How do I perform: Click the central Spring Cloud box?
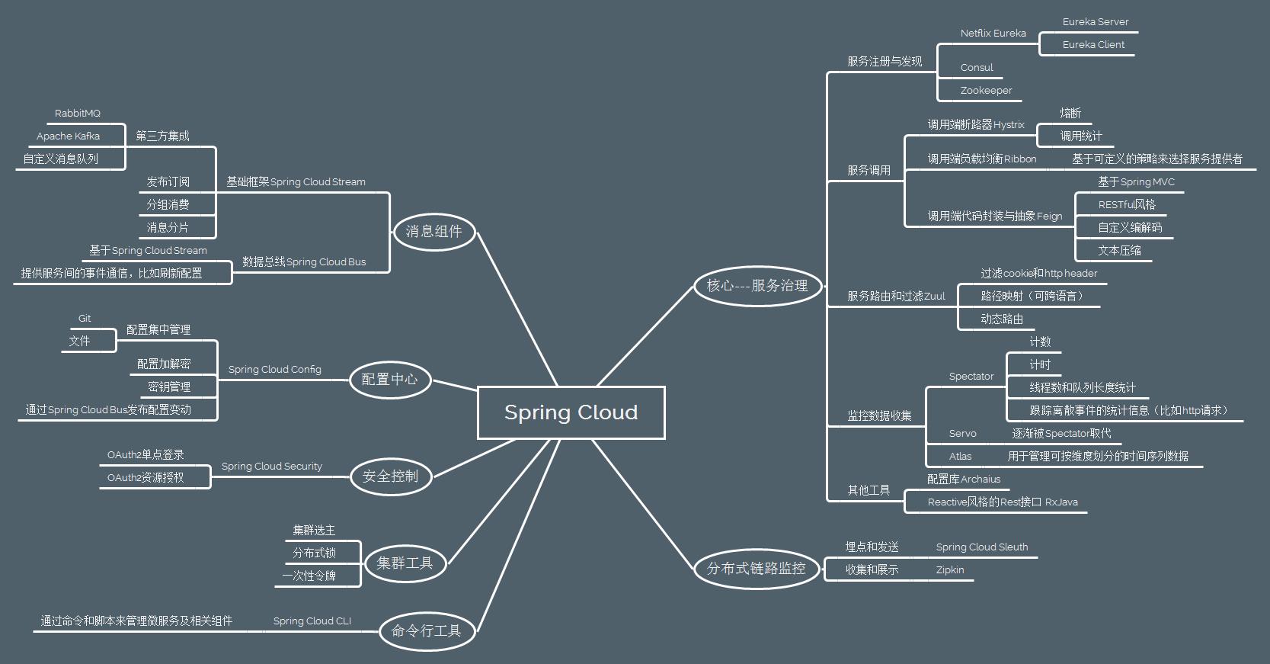coord(571,412)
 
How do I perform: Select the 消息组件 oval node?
coord(433,231)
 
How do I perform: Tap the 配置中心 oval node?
coord(389,379)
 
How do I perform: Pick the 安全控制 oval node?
coord(389,476)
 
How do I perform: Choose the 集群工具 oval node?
coord(404,563)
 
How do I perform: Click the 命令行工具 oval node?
coord(426,630)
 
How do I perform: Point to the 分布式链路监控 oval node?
coord(756,568)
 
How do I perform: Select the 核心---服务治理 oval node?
coord(757,285)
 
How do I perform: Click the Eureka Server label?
coord(1095,21)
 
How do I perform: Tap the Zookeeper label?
coord(986,90)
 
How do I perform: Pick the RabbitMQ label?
coord(77,113)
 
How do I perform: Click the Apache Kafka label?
coord(68,136)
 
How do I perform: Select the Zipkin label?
coord(950,569)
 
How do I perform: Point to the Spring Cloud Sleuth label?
coord(981,547)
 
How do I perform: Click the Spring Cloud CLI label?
coord(312,621)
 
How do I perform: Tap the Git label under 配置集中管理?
coord(85,318)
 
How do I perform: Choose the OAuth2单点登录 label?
coord(146,454)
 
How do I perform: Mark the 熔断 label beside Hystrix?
coord(1070,113)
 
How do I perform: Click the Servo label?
coord(962,433)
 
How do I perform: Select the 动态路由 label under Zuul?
coord(1002,319)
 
